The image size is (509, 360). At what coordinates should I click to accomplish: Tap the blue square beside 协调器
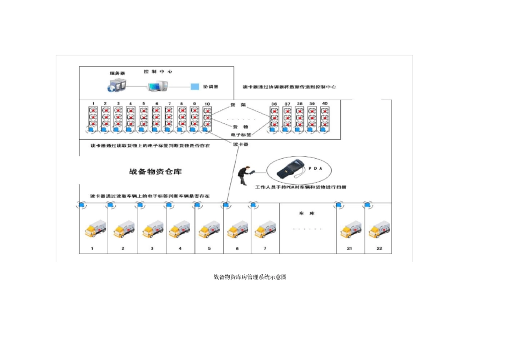click(196, 86)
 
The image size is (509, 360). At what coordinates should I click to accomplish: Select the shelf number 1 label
click(93, 103)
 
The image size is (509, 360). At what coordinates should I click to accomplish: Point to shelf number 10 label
click(207, 103)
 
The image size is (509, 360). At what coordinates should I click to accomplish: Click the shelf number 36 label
click(274, 103)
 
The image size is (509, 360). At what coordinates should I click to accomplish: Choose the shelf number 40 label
click(325, 103)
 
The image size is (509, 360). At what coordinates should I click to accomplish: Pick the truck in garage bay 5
click(209, 230)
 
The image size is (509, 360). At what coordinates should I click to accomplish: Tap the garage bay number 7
click(264, 249)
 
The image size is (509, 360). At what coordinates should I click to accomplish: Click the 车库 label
click(306, 213)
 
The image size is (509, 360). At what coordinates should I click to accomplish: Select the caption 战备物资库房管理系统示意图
click(250, 277)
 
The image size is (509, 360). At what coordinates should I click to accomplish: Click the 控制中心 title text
click(158, 71)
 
